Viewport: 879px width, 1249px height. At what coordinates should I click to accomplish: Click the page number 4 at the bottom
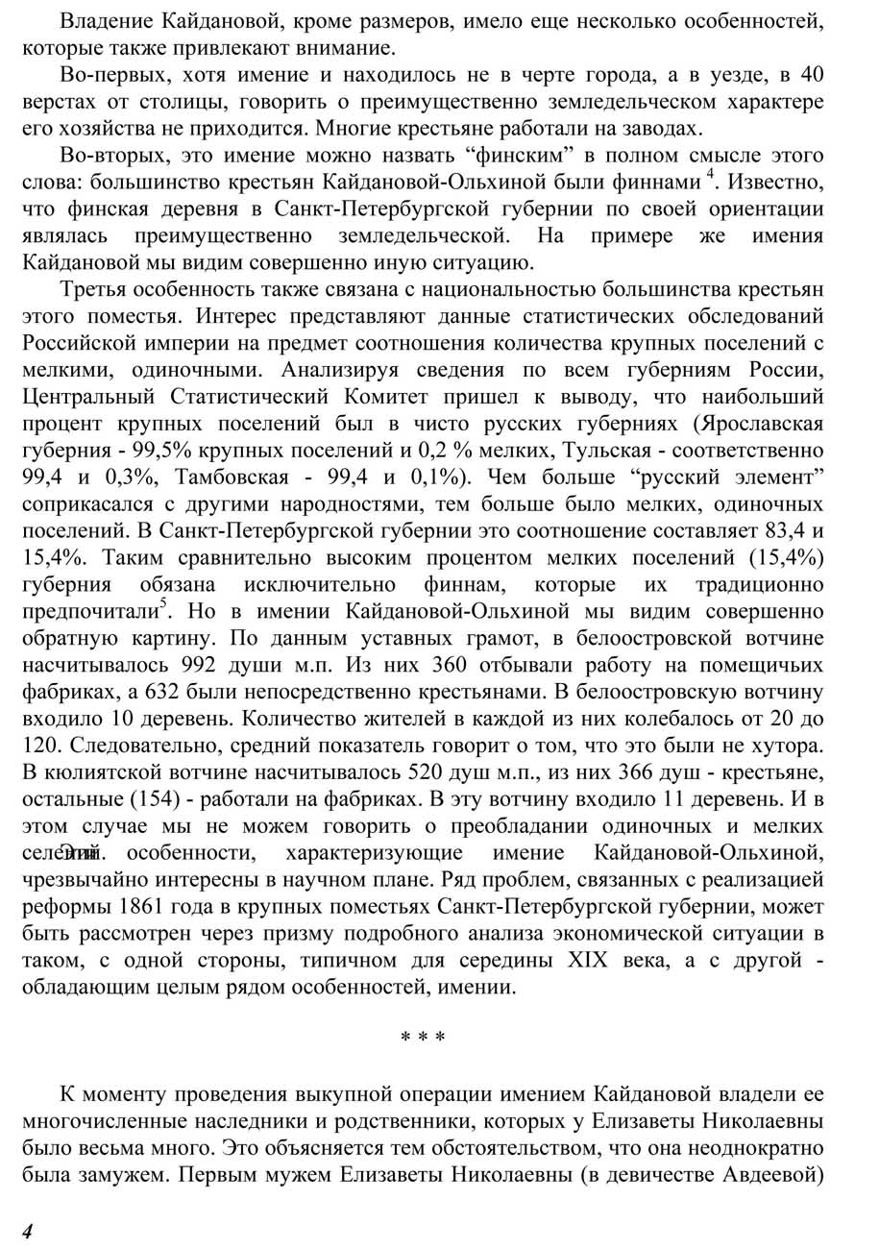point(28,1233)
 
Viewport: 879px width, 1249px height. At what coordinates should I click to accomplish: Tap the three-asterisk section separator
point(423,1040)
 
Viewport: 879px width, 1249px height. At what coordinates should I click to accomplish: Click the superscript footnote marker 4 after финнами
point(711,175)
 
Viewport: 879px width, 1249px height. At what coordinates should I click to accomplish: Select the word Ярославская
point(761,424)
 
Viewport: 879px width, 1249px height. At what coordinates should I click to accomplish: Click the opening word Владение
point(101,20)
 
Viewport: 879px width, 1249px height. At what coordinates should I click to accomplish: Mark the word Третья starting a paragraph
point(93,289)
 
